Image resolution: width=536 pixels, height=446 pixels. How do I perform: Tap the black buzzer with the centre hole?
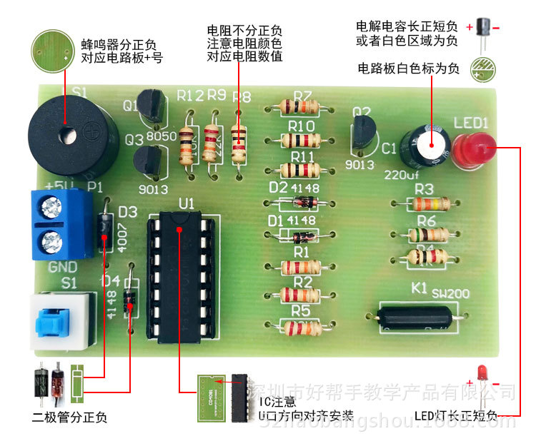[x=68, y=136]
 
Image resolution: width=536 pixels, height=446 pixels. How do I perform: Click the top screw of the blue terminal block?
[x=51, y=208]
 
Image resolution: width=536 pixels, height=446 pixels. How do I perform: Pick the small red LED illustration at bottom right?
[x=483, y=374]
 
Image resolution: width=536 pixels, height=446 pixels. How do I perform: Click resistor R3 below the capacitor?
[x=424, y=204]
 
